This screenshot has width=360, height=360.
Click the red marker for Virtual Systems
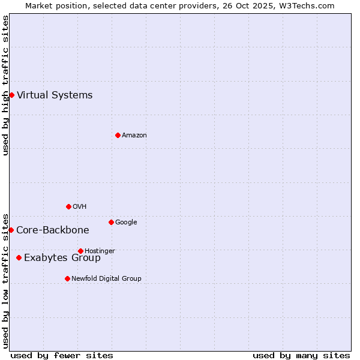[11, 95]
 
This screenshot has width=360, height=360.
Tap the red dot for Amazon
[118, 135]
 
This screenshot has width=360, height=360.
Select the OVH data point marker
[68, 206]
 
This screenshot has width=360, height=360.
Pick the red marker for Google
[111, 222]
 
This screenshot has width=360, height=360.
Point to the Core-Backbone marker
[11, 230]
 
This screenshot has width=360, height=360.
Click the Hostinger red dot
[80, 251]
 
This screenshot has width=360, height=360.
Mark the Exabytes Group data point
[19, 257]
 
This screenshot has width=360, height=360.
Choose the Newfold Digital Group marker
[67, 278]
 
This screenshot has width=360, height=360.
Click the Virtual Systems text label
[55, 95]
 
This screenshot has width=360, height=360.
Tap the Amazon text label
[134, 135]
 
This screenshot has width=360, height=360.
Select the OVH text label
[80, 206]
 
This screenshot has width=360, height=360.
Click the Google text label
[126, 222]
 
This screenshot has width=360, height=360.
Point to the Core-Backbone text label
[53, 230]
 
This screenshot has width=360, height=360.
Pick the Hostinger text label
[100, 251]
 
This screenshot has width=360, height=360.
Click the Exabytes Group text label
[62, 258]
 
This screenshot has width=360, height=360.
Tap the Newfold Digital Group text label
[106, 278]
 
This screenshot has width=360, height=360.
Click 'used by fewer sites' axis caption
[62, 355]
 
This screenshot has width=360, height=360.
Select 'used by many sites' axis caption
[301, 355]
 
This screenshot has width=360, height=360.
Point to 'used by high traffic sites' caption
[5, 85]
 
